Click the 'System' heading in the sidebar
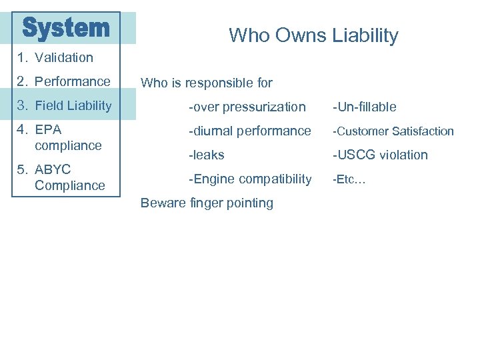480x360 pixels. pyautogui.click(x=66, y=28)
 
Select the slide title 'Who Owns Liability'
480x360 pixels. pyautogui.click(x=313, y=35)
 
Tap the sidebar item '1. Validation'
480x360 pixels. pyautogui.click(x=56, y=57)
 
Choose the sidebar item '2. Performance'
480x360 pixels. pyautogui.click(x=64, y=81)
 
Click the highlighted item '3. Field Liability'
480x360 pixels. pyautogui.click(x=65, y=105)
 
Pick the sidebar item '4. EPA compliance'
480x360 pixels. pyautogui.click(x=60, y=137)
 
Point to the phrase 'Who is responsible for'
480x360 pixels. pyautogui.click(x=207, y=83)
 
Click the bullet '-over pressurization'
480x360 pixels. pyautogui.click(x=247, y=107)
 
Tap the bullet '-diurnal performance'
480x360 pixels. pyautogui.click(x=249, y=131)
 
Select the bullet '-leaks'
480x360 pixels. pyautogui.click(x=206, y=155)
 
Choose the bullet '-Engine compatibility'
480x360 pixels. pyautogui.click(x=249, y=179)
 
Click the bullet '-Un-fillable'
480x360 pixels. pyautogui.click(x=365, y=107)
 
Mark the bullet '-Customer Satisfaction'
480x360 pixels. pyautogui.click(x=393, y=131)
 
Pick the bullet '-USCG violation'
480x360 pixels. pyautogui.click(x=380, y=155)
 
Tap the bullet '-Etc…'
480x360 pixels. pyautogui.click(x=349, y=179)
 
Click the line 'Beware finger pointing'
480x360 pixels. pyautogui.click(x=207, y=203)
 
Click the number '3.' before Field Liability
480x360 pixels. pyautogui.click(x=23, y=105)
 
